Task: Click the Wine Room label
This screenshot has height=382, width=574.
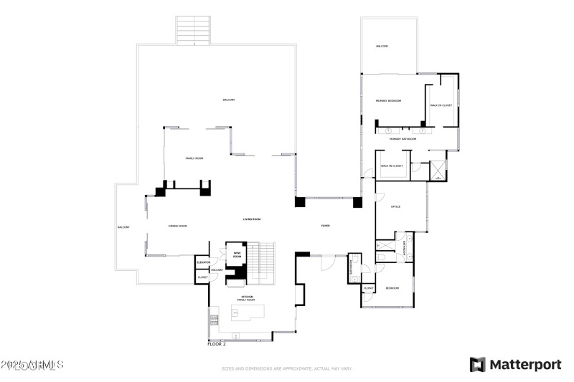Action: (237, 254)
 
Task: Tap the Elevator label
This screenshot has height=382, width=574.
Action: (203, 262)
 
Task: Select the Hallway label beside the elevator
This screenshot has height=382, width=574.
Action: (217, 269)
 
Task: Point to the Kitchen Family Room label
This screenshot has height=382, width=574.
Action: (247, 298)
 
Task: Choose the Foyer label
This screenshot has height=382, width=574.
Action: (326, 226)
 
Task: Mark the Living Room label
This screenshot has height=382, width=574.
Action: (251, 219)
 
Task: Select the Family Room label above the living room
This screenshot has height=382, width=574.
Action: (194, 158)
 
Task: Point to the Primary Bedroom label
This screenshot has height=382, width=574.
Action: (388, 101)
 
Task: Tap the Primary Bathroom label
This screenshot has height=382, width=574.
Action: (403, 139)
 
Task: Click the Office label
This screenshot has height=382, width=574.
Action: (395, 207)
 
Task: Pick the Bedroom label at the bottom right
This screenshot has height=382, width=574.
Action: (392, 288)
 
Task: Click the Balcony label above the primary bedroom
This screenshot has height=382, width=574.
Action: (382, 47)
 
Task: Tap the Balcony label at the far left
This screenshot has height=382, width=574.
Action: (123, 227)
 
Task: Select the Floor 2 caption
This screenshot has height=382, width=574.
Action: (217, 344)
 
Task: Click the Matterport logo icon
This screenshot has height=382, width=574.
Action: (477, 365)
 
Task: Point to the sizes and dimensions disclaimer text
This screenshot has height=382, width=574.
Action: (286, 368)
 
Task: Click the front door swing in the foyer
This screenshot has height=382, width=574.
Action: (327, 262)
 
